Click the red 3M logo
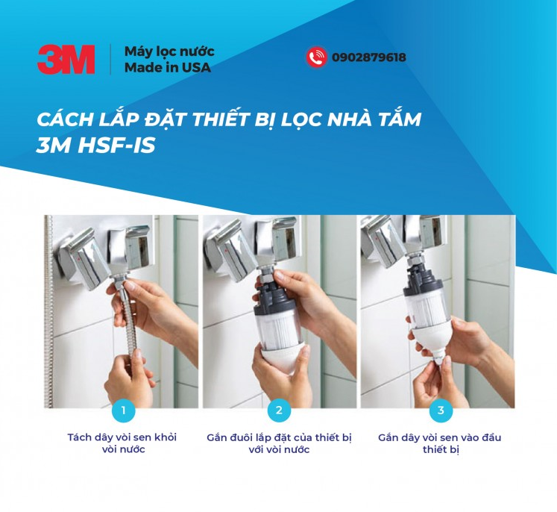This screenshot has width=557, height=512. [x=66, y=59]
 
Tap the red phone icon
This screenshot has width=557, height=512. [x=316, y=57]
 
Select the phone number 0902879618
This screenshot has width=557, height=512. [x=369, y=57]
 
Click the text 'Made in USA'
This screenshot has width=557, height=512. [x=168, y=68]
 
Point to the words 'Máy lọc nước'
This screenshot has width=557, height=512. [x=169, y=51]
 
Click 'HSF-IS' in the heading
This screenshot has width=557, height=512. [x=116, y=145]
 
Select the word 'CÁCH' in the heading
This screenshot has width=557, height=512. [x=60, y=119]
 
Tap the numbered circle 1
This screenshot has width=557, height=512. [x=124, y=410]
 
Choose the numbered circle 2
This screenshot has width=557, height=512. [x=279, y=410]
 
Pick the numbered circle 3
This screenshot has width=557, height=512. [x=441, y=410]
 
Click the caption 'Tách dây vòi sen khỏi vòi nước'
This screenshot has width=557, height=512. [x=122, y=443]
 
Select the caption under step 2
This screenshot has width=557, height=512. [x=279, y=443]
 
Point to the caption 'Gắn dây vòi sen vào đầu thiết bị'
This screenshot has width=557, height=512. [x=439, y=443]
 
